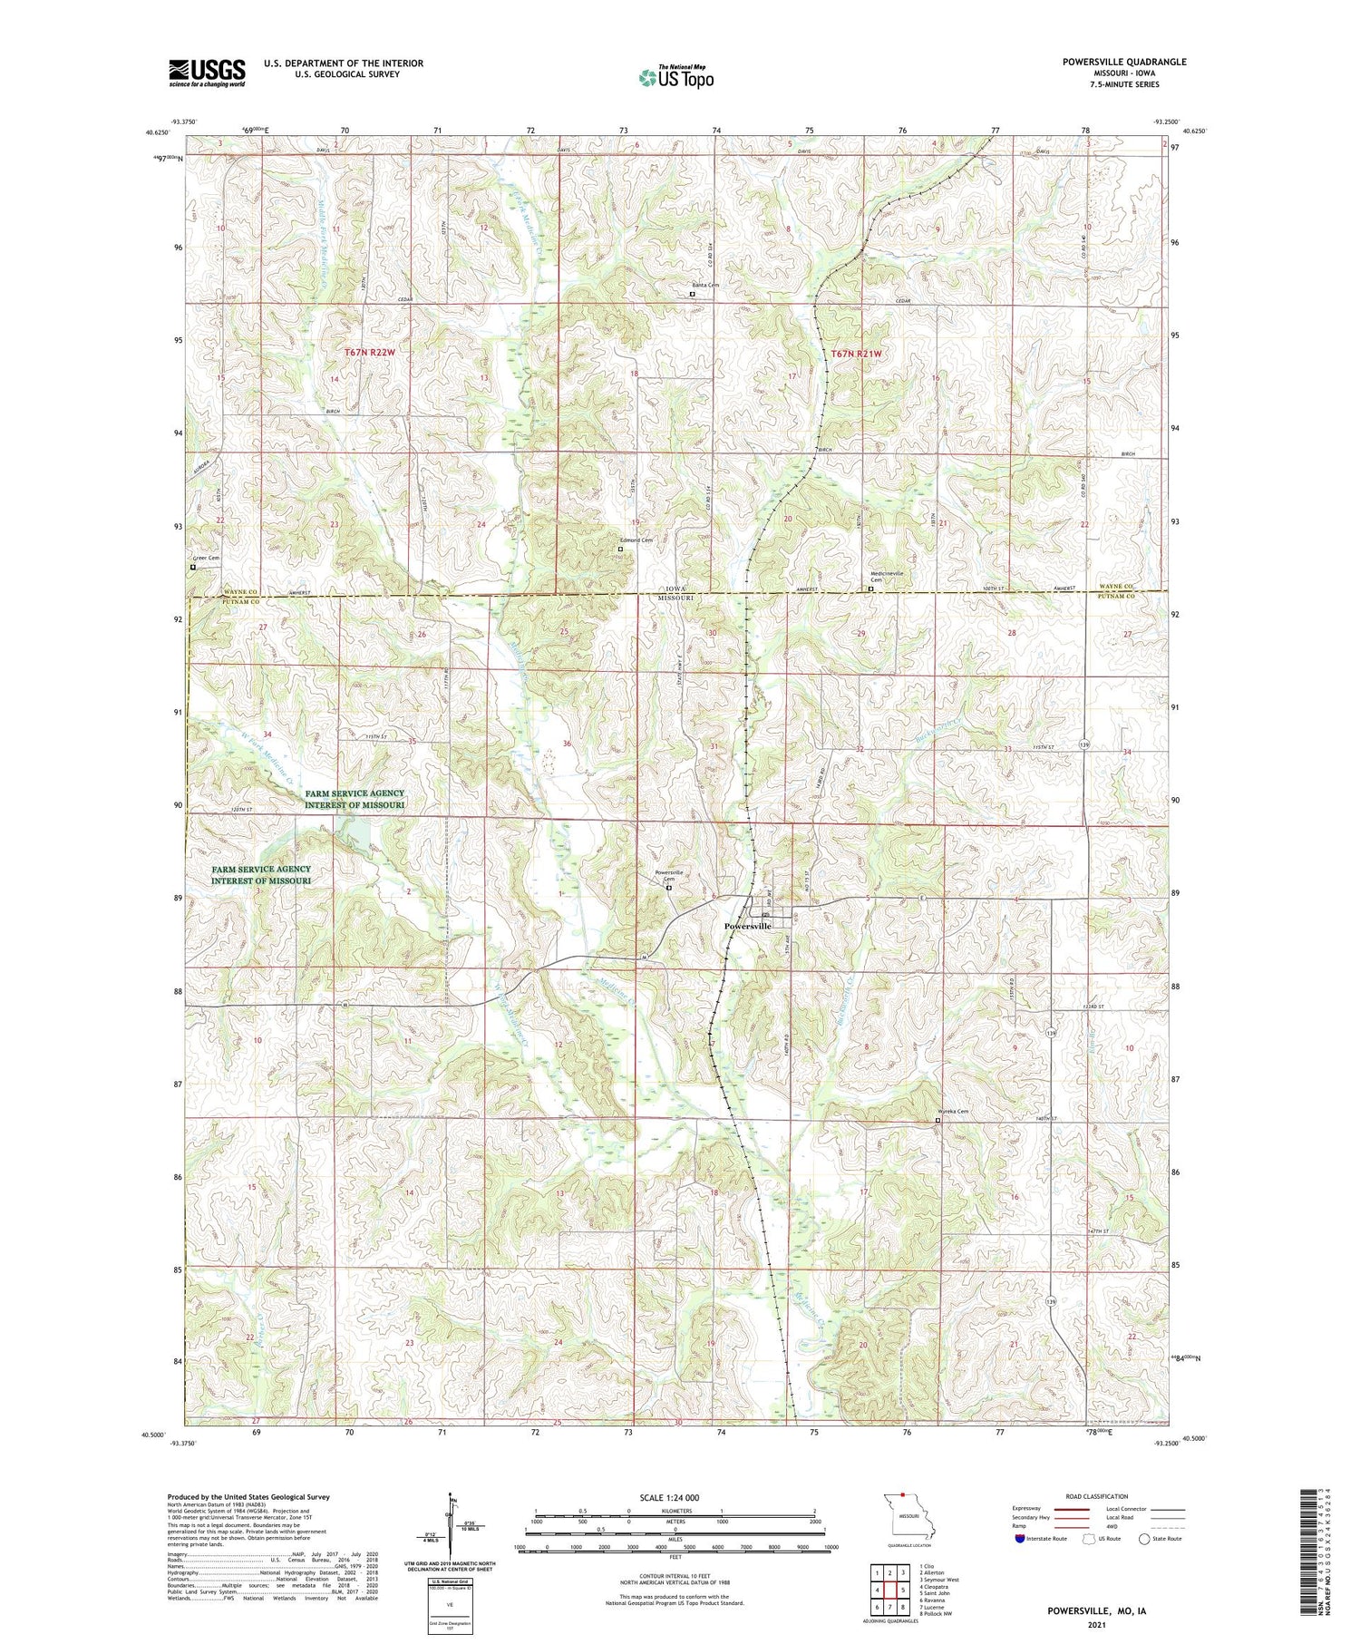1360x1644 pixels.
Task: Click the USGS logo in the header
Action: [207, 73]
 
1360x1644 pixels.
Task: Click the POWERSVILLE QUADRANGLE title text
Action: [1123, 62]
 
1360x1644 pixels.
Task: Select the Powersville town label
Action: [747, 926]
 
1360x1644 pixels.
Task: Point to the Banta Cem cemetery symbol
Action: [693, 294]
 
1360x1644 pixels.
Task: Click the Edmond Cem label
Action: [636, 540]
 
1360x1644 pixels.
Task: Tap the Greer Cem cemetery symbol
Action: [193, 568]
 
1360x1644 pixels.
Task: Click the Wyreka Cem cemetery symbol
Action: [937, 1120]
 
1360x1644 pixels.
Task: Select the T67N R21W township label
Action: [854, 354]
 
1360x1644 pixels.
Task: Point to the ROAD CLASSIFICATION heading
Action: [1097, 1496]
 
